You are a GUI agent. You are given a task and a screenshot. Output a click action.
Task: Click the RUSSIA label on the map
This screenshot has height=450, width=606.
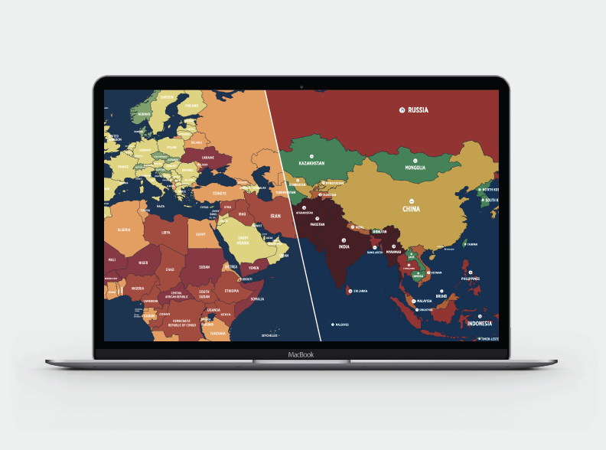(x=418, y=110)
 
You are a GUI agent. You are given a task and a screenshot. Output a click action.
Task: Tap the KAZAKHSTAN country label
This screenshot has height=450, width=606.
(x=311, y=163)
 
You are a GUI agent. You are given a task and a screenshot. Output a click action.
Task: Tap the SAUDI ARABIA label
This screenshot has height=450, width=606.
(x=244, y=239)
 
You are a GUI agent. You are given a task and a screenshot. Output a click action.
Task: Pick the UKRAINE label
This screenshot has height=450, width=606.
(x=207, y=158)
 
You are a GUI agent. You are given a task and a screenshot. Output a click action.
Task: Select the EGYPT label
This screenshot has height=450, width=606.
(x=201, y=234)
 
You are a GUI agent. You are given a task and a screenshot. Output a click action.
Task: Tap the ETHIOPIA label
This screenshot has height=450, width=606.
(x=231, y=291)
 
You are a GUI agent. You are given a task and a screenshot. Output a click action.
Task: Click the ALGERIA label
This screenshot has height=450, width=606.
(x=123, y=229)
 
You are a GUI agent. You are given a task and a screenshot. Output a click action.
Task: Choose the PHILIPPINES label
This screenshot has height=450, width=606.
(x=470, y=279)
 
